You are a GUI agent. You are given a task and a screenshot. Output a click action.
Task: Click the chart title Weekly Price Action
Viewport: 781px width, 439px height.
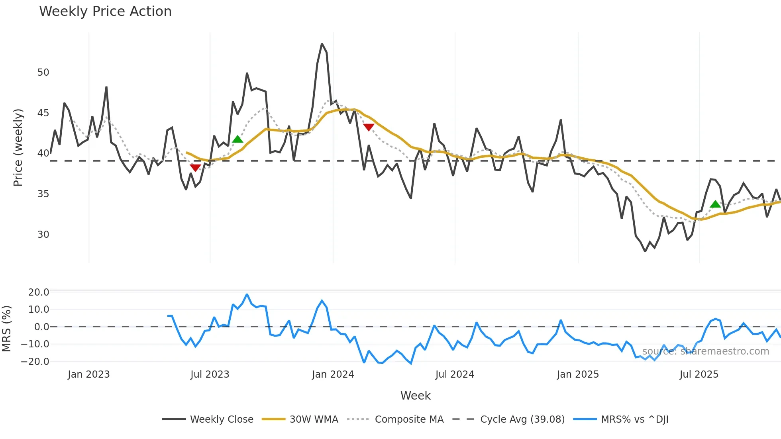coord(105,12)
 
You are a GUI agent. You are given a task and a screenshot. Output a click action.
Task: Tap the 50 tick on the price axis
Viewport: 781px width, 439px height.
coord(43,73)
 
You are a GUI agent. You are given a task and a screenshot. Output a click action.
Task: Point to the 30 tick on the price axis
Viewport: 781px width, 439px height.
coord(43,235)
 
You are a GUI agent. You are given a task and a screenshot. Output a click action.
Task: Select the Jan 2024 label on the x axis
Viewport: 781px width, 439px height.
coord(333,374)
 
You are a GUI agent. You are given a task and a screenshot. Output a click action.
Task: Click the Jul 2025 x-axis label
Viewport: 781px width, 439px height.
coord(699,374)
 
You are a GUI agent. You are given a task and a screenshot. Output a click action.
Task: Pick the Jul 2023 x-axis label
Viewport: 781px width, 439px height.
coord(210,374)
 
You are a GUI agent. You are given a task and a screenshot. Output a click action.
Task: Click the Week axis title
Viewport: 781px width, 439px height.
coord(415,396)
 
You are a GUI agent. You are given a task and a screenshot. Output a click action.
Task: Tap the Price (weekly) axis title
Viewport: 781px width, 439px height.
coord(18,147)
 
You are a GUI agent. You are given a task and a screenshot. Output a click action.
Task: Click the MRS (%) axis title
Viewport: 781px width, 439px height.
coord(7,329)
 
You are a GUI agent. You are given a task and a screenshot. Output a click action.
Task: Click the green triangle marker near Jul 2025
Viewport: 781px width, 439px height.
coord(715,204)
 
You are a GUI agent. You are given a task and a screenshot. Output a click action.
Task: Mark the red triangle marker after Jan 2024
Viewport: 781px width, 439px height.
coord(369,127)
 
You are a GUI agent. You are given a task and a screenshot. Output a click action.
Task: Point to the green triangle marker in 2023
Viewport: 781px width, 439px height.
coord(237,139)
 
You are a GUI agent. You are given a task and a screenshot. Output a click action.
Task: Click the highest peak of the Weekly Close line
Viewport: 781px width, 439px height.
coord(322,44)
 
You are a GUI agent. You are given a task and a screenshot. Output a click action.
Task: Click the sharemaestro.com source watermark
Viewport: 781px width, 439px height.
coord(705,351)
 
